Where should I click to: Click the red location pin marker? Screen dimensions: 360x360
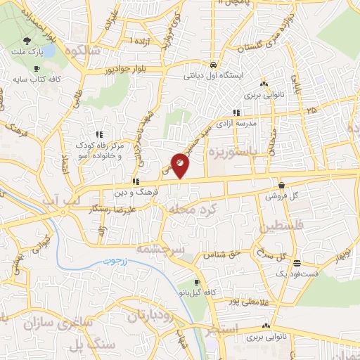tap(180, 165)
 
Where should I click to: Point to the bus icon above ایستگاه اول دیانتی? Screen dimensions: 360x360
tap(213, 61)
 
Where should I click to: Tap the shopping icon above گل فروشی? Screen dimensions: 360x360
tap(281, 186)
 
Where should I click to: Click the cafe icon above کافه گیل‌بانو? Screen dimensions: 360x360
tap(185, 281)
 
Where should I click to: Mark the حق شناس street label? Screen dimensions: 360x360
tap(219, 254)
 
